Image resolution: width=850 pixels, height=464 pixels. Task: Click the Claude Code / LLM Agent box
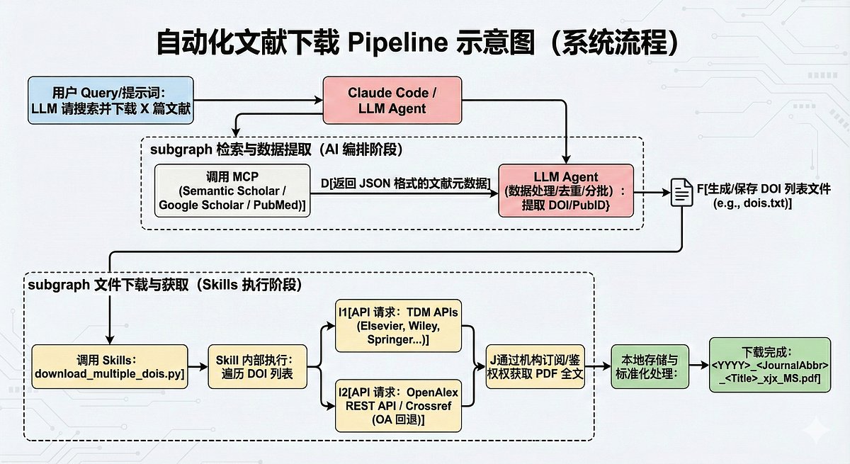(x=392, y=101)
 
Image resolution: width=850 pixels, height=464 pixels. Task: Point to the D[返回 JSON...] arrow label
(x=406, y=183)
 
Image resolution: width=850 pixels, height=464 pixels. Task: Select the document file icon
(x=681, y=192)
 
